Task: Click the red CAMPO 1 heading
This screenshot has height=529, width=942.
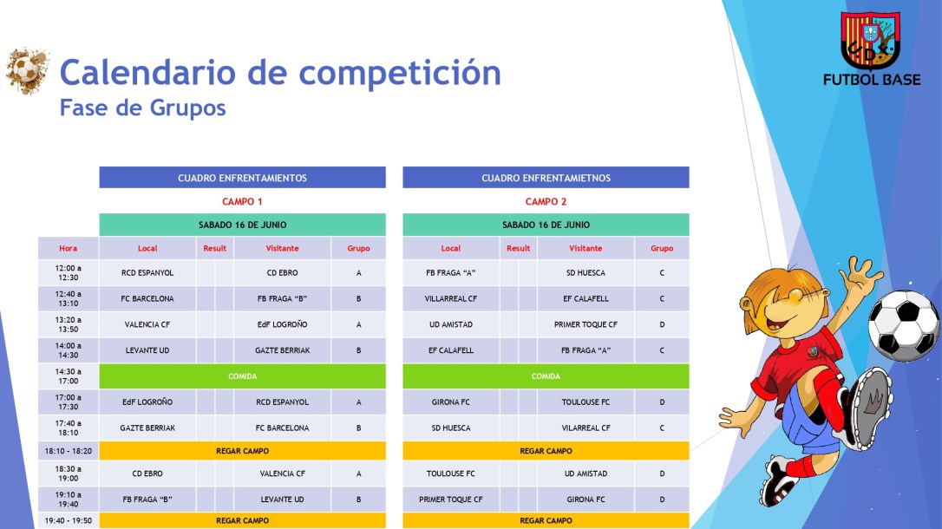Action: coord(242,201)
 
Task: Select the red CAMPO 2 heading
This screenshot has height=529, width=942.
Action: coord(546,201)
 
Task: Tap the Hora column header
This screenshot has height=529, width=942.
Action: coord(68,248)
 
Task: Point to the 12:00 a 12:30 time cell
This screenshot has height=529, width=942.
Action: coord(68,273)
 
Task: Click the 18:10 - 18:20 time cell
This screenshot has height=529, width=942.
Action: coord(68,451)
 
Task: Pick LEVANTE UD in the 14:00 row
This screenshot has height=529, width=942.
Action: coord(147,350)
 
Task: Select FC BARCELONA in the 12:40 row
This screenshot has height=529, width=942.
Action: coord(147,299)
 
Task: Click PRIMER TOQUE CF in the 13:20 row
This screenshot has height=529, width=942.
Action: coord(585,324)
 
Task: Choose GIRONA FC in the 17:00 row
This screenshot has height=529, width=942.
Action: coord(450,402)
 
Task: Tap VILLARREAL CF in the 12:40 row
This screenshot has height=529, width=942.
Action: coord(450,299)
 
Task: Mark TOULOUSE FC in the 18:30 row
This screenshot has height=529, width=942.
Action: coord(450,474)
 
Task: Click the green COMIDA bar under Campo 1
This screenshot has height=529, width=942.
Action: coord(242,376)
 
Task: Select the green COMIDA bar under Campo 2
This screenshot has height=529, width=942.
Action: coord(546,376)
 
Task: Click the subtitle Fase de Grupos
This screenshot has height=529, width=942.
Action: coord(142,108)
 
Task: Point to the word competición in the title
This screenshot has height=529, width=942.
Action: coord(400,72)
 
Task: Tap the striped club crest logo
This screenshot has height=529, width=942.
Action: coord(871,40)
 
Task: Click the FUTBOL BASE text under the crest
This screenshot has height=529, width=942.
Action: coord(872,80)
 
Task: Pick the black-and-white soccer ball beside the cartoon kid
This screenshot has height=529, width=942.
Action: coord(903,325)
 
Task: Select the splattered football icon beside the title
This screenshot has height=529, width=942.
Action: coord(27,70)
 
